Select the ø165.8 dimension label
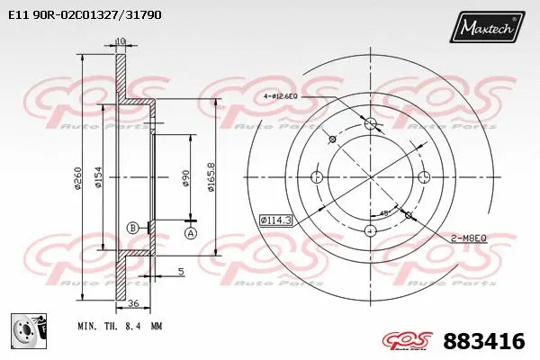pyautogui.click(x=211, y=175)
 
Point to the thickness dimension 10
pyautogui.click(x=121, y=41)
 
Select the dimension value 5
pyautogui.click(x=181, y=271)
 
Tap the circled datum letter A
pyautogui.click(x=190, y=233)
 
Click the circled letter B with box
pyautogui.click(x=134, y=228)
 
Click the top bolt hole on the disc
pyautogui.click(x=370, y=122)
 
